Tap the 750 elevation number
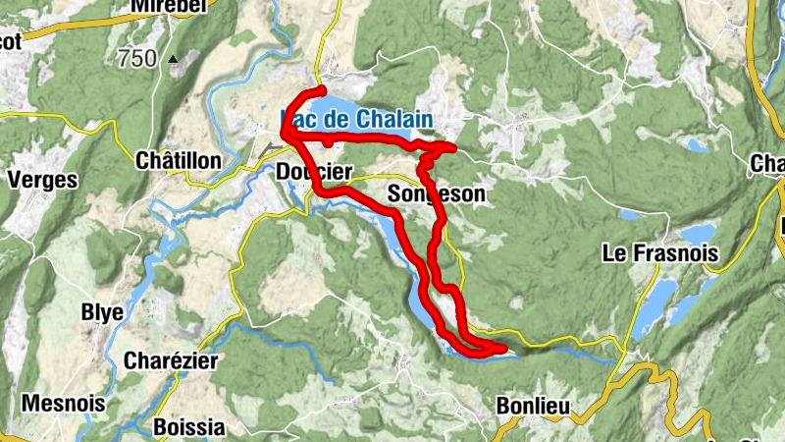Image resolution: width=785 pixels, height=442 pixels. (x=136, y=58)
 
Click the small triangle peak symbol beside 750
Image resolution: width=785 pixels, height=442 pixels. (x=175, y=59)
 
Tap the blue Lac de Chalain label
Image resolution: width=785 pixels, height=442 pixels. (x=357, y=119)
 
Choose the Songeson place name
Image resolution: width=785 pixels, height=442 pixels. (x=437, y=194)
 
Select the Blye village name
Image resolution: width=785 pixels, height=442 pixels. (x=102, y=312)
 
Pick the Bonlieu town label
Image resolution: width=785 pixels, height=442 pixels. (x=531, y=406)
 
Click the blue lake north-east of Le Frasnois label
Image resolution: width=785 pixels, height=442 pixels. (x=699, y=234)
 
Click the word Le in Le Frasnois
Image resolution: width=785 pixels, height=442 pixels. (x=613, y=254)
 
